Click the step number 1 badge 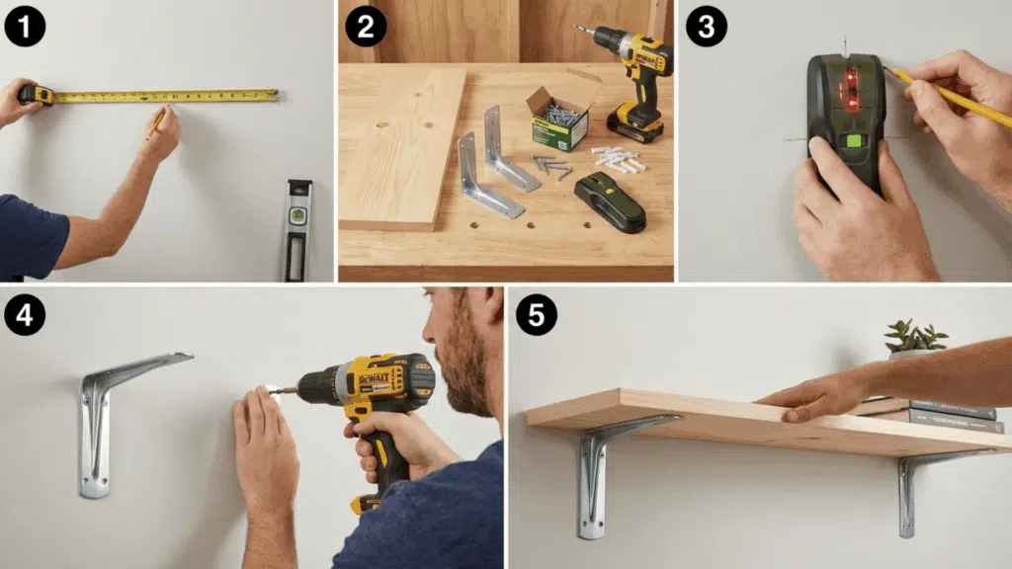[x=25, y=26]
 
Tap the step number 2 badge [x=366, y=26]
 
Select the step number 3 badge [x=706, y=26]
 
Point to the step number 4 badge [x=25, y=313]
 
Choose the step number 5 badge [x=537, y=313]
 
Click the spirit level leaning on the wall [x=297, y=229]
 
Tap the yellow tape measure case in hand [x=37, y=94]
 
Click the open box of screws [x=559, y=117]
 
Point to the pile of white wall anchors [x=619, y=159]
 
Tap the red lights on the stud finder [x=849, y=89]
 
